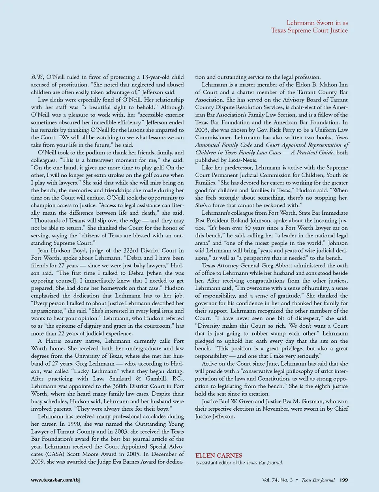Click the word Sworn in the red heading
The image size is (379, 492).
click(326, 23)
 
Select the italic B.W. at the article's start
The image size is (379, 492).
click(38, 77)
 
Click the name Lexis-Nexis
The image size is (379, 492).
click(242, 160)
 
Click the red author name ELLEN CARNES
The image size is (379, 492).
click(219, 455)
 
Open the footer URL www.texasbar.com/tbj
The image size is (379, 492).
click(55, 480)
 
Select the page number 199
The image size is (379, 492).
click(343, 480)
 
